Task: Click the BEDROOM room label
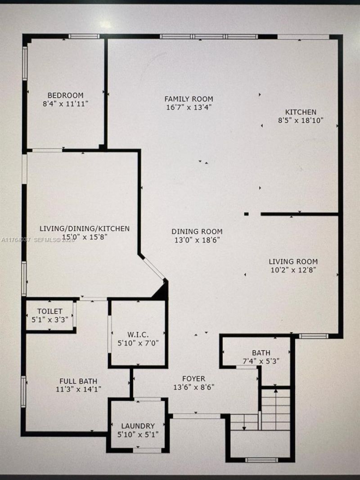[66, 95]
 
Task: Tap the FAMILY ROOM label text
[189, 99]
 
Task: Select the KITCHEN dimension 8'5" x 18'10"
[301, 121]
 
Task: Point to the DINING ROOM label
[197, 232]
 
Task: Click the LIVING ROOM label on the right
[293, 261]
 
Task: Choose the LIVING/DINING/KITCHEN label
[84, 229]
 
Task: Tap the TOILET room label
[49, 311]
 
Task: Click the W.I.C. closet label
[139, 334]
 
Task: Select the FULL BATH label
[72, 381]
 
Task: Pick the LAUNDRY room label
[138, 426]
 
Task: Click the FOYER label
[193, 378]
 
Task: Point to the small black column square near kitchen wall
[246, 214]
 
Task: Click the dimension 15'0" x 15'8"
[84, 237]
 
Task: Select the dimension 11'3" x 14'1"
[72, 390]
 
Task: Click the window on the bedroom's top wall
[84, 36]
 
